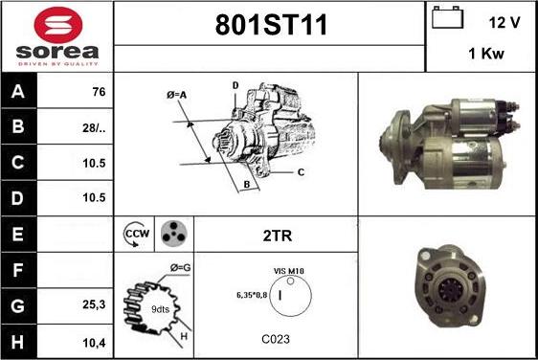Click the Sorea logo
[56, 36]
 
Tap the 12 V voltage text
[504, 21]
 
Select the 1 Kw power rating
[487, 55]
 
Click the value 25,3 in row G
[94, 304]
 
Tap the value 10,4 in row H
[94, 339]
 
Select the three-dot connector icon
[171, 233]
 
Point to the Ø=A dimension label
[176, 95]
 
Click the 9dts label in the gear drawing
[160, 310]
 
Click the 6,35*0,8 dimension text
[251, 295]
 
